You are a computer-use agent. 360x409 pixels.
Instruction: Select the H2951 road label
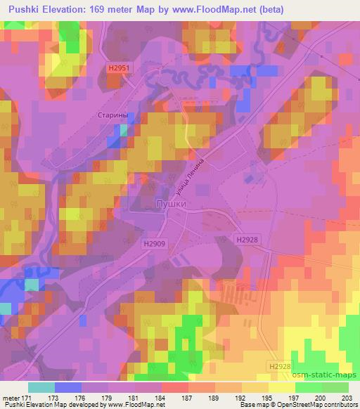(120, 67)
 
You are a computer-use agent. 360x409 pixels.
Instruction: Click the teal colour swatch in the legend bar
(41, 387)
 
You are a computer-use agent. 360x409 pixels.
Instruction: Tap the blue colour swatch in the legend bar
(67, 387)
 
